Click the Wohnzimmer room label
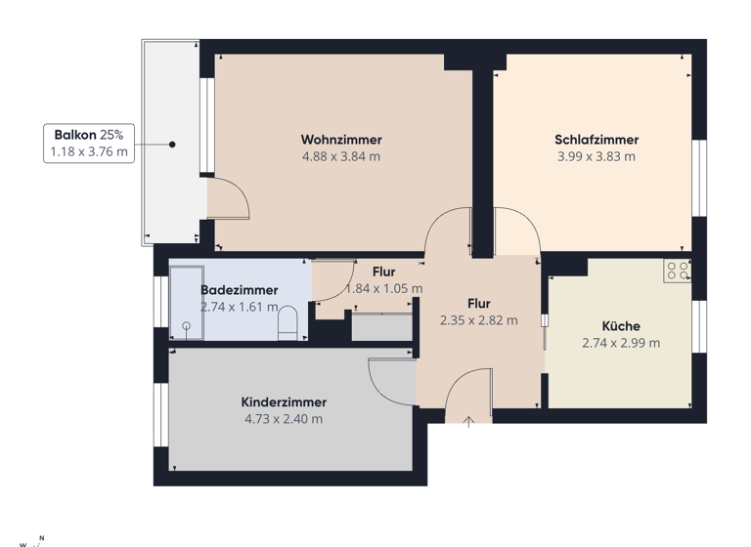tap(341, 140)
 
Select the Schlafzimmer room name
tap(596, 140)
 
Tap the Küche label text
tap(621, 326)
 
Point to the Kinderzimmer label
tap(284, 401)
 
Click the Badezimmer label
tap(240, 290)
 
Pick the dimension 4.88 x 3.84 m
tap(341, 156)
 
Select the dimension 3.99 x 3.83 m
tap(596, 156)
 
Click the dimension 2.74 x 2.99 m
tap(621, 343)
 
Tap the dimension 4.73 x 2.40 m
tap(284, 419)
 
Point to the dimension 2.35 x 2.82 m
tap(479, 319)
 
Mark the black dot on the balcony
tap(172, 145)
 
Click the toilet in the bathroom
tap(287, 323)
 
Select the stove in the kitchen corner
tap(677, 271)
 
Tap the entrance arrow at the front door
tap(468, 421)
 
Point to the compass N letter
tap(41, 536)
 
